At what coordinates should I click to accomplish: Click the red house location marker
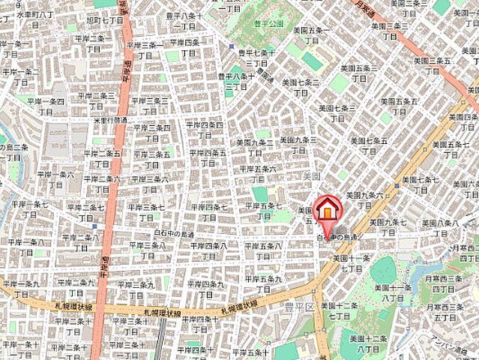click(327, 210)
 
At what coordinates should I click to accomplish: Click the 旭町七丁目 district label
click(105, 20)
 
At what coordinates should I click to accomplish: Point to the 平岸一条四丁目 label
click(46, 106)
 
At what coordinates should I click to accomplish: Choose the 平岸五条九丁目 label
click(262, 283)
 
